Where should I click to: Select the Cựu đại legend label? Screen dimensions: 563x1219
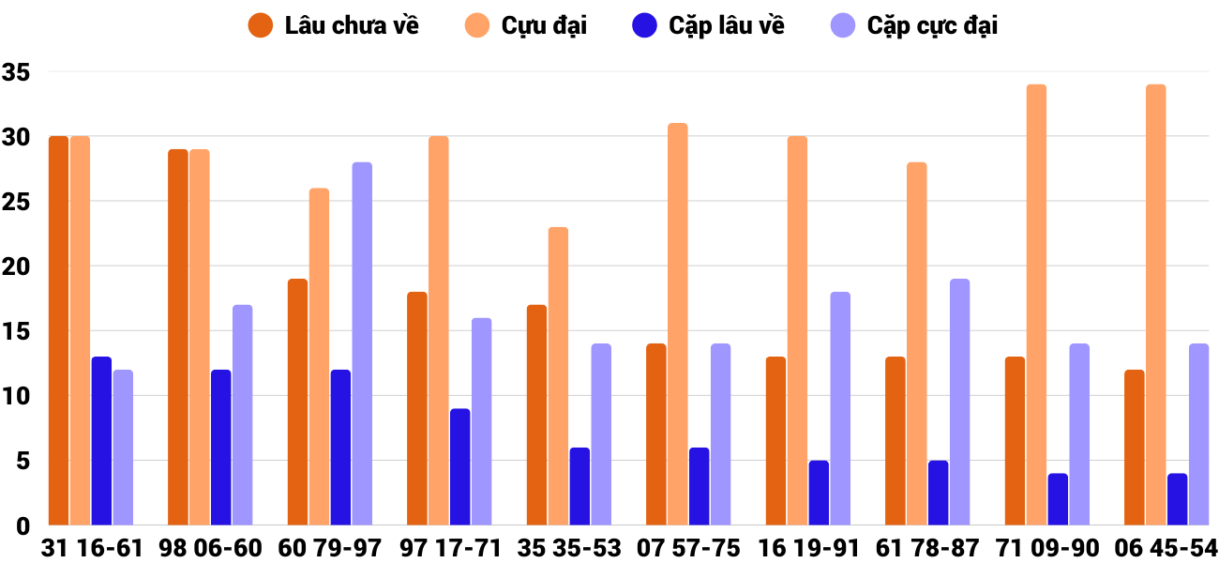[x=544, y=25]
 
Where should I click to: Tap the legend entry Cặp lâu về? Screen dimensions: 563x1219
[x=727, y=25]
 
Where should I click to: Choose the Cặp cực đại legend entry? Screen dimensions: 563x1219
[x=932, y=25]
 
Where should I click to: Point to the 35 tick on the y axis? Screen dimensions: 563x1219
[x=17, y=72]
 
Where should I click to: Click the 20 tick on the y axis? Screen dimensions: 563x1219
[x=17, y=266]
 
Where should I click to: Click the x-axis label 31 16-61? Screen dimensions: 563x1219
[x=92, y=548]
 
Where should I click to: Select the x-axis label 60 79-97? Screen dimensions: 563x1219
[x=331, y=548]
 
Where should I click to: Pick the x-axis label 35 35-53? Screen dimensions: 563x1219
[x=570, y=548]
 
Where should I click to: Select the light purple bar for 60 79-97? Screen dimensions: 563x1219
[x=362, y=343]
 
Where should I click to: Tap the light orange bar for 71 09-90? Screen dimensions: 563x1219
[x=1036, y=305]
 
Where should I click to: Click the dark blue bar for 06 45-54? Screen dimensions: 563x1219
[x=1177, y=499]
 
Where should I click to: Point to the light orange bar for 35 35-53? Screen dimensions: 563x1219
[x=558, y=375]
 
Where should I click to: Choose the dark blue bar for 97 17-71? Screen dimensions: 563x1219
[x=459, y=466]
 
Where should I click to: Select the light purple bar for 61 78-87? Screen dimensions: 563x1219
[x=959, y=402]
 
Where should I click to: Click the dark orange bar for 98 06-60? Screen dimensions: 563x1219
[x=178, y=337]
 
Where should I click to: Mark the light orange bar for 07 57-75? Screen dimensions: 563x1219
[x=678, y=324]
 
